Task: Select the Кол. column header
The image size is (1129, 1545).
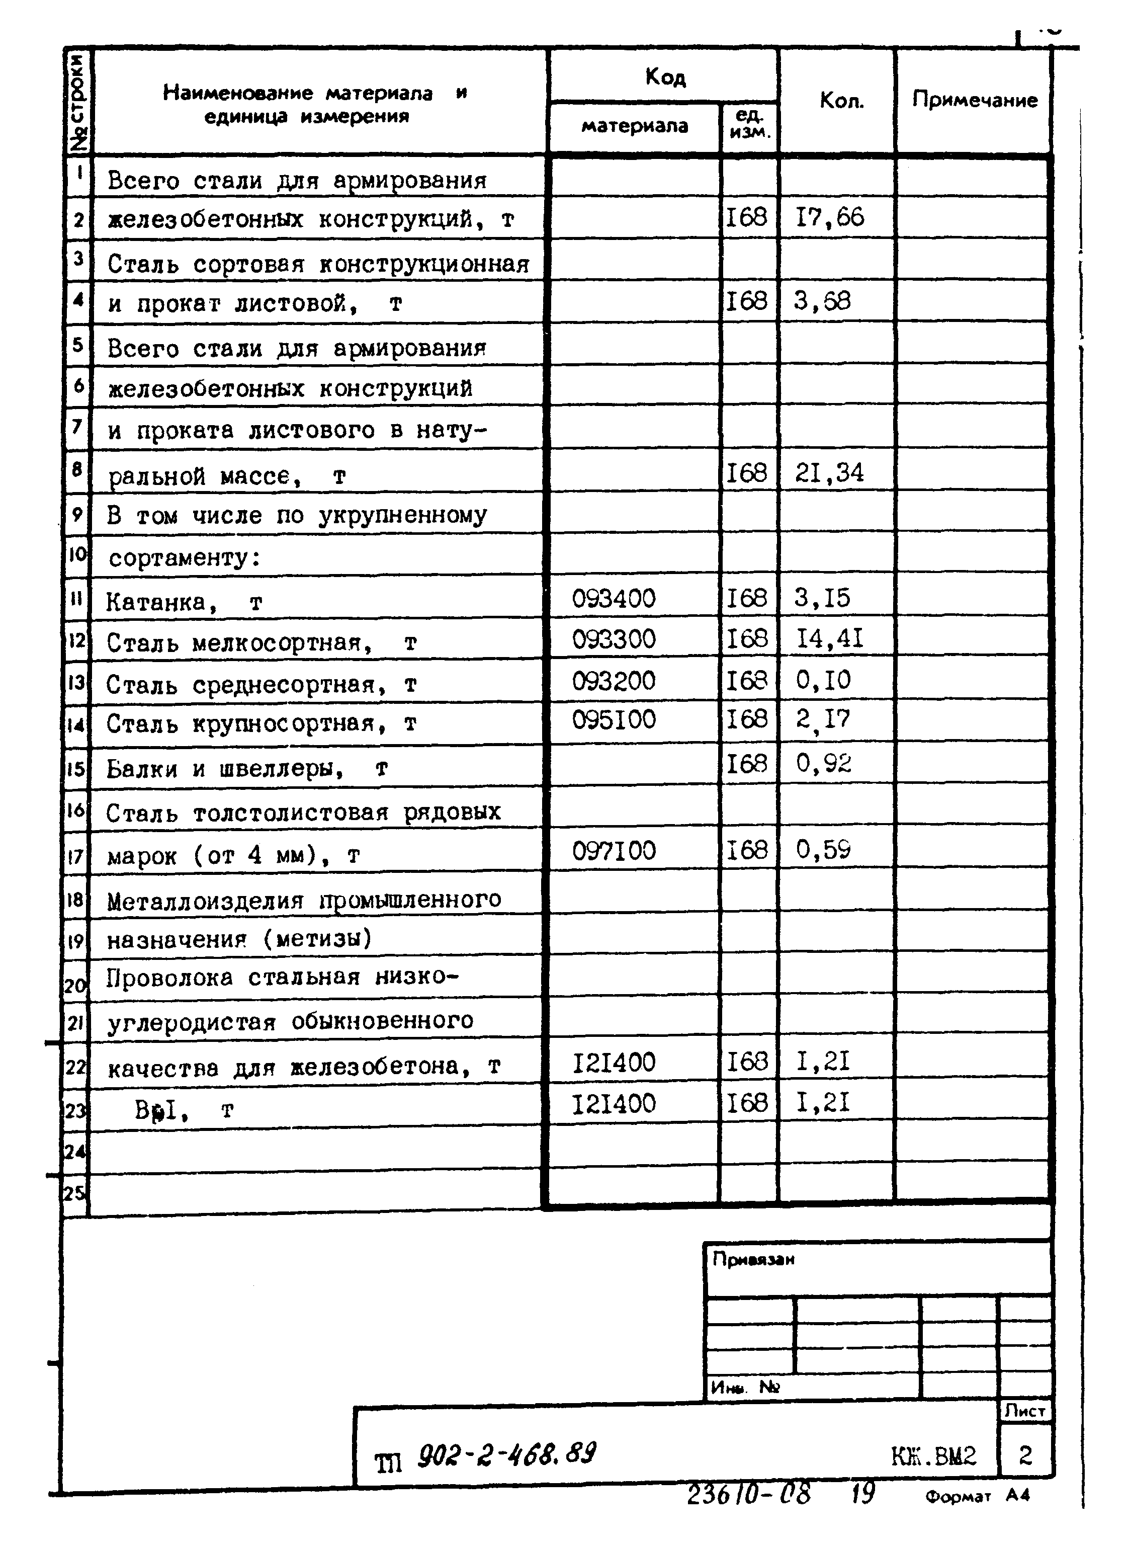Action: click(841, 101)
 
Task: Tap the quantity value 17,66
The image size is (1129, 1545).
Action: click(830, 218)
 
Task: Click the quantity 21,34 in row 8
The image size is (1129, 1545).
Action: click(829, 473)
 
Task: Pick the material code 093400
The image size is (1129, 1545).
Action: click(613, 599)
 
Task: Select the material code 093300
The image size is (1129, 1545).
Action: click(613, 640)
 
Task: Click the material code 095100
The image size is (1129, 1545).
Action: click(613, 719)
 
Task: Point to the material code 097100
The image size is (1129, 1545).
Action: click(613, 851)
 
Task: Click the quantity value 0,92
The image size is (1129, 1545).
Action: click(824, 763)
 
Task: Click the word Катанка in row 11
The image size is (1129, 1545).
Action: click(156, 602)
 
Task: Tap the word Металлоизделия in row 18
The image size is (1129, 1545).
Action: click(204, 902)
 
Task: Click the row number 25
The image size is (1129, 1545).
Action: click(74, 1193)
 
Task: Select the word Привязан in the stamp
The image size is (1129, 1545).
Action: click(753, 1259)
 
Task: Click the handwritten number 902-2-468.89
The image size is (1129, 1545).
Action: click(506, 1454)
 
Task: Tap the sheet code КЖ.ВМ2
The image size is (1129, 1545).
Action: click(933, 1456)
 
